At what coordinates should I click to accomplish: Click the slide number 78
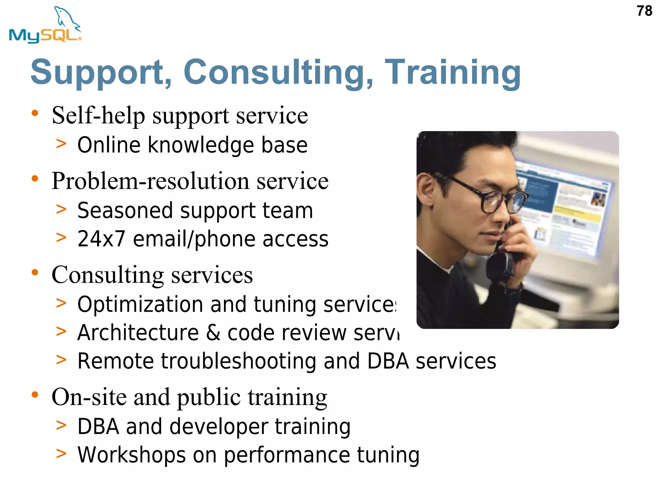pos(644,11)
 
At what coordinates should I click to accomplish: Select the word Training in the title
pos(453,73)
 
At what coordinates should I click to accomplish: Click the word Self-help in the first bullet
pos(98,116)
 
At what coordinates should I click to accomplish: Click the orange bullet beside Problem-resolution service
pos(35,179)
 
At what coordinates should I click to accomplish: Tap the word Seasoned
pos(126,211)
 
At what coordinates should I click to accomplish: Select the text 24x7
pos(101,239)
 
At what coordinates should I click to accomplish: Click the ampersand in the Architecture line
pos(213,333)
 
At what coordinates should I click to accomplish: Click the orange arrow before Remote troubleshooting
pos(61,359)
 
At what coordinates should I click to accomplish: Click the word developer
pos(219,427)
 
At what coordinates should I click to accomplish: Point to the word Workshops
pos(131,455)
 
